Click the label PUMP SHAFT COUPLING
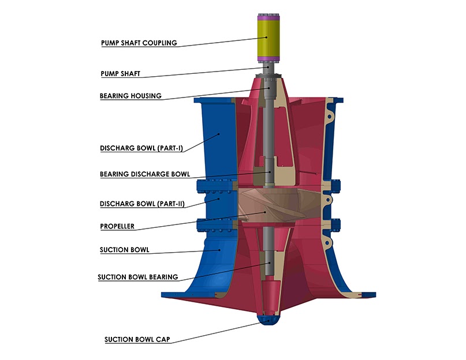pos(139,43)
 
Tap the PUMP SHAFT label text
pos(120,74)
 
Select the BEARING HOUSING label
pos(131,96)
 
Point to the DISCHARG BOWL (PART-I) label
pos(142,148)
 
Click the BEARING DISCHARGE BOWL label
pos(144,174)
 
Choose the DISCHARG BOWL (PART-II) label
pos(142,204)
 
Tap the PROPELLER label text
pos(117,227)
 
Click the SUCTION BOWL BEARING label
pos(138,277)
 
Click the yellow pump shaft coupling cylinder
pos(267,35)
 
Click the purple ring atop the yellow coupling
pos(267,14)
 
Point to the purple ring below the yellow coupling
pos(267,58)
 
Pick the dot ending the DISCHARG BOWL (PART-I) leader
pos(219,134)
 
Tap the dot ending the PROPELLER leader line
pos(265,212)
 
